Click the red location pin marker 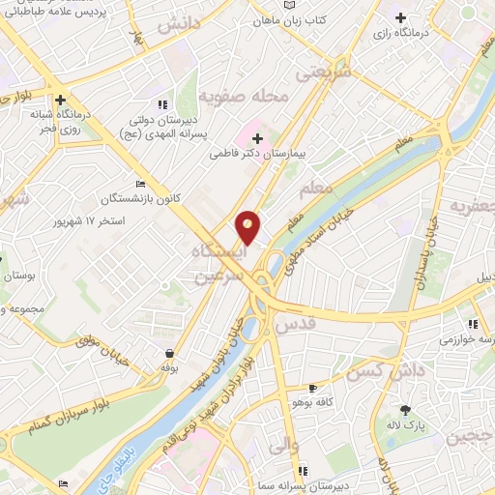point(248,227)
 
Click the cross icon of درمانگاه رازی point(401,17)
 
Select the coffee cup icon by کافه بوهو point(311,387)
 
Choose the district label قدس point(296,329)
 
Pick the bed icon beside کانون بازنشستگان point(141,184)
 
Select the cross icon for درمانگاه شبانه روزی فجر point(60,99)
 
